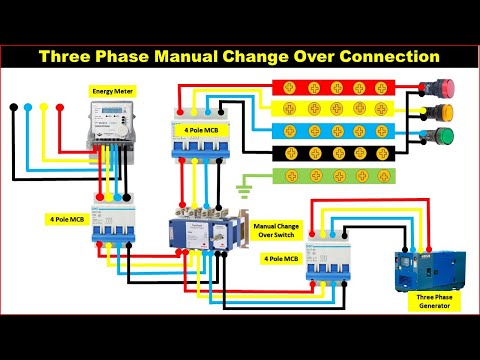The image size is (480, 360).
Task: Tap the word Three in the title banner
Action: (x=69, y=56)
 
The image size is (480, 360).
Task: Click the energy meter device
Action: (x=112, y=123)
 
